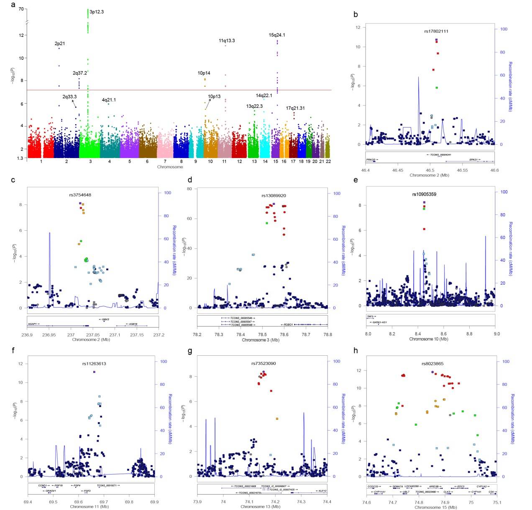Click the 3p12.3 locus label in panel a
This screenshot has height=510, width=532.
coord(97,12)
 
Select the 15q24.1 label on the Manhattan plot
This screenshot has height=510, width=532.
coord(277,35)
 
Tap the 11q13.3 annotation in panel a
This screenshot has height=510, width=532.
coord(227,41)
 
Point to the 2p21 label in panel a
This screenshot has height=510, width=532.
coord(60,43)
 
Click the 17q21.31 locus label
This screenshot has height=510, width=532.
coord(295,108)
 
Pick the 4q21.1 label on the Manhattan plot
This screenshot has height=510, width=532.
coord(109,100)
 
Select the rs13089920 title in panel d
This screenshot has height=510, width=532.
coord(274,195)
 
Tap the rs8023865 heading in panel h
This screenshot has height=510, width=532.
coord(432,364)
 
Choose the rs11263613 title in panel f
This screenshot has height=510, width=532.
coord(94,364)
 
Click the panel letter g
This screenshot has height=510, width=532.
coord(190,351)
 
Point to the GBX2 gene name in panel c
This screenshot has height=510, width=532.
coord(104,319)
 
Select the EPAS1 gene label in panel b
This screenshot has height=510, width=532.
coord(473,159)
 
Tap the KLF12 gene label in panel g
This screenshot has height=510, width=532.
coord(322,491)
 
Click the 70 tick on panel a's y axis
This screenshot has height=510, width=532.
coord(21,9)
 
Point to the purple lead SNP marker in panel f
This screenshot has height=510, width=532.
coord(95,372)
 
